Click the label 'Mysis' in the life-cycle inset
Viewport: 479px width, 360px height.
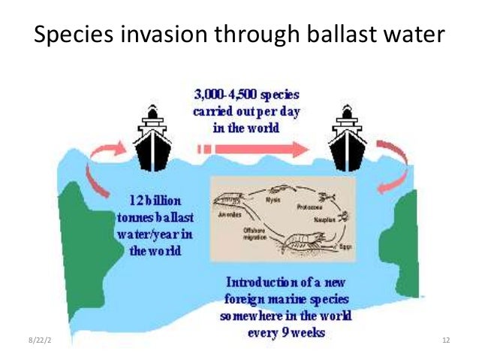coord(273,200)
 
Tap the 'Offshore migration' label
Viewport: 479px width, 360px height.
coord(252,233)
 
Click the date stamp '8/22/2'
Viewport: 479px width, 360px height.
coord(33,342)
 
